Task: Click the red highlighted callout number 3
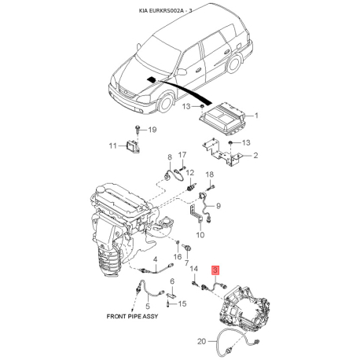(215, 270)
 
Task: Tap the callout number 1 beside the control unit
(256, 116)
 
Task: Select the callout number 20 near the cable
(202, 341)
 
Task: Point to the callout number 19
(152, 130)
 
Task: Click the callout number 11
(112, 145)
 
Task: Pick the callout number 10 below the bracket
(200, 235)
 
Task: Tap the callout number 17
(182, 155)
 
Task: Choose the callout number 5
(148, 306)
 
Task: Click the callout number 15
(182, 303)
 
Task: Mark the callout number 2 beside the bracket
(255, 155)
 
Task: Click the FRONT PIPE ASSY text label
(132, 316)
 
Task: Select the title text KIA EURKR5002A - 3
(165, 10)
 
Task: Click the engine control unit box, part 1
(222, 119)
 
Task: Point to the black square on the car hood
(151, 79)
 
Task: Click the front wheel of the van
(166, 102)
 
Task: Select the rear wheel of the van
(233, 64)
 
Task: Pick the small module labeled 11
(132, 146)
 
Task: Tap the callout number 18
(209, 174)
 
